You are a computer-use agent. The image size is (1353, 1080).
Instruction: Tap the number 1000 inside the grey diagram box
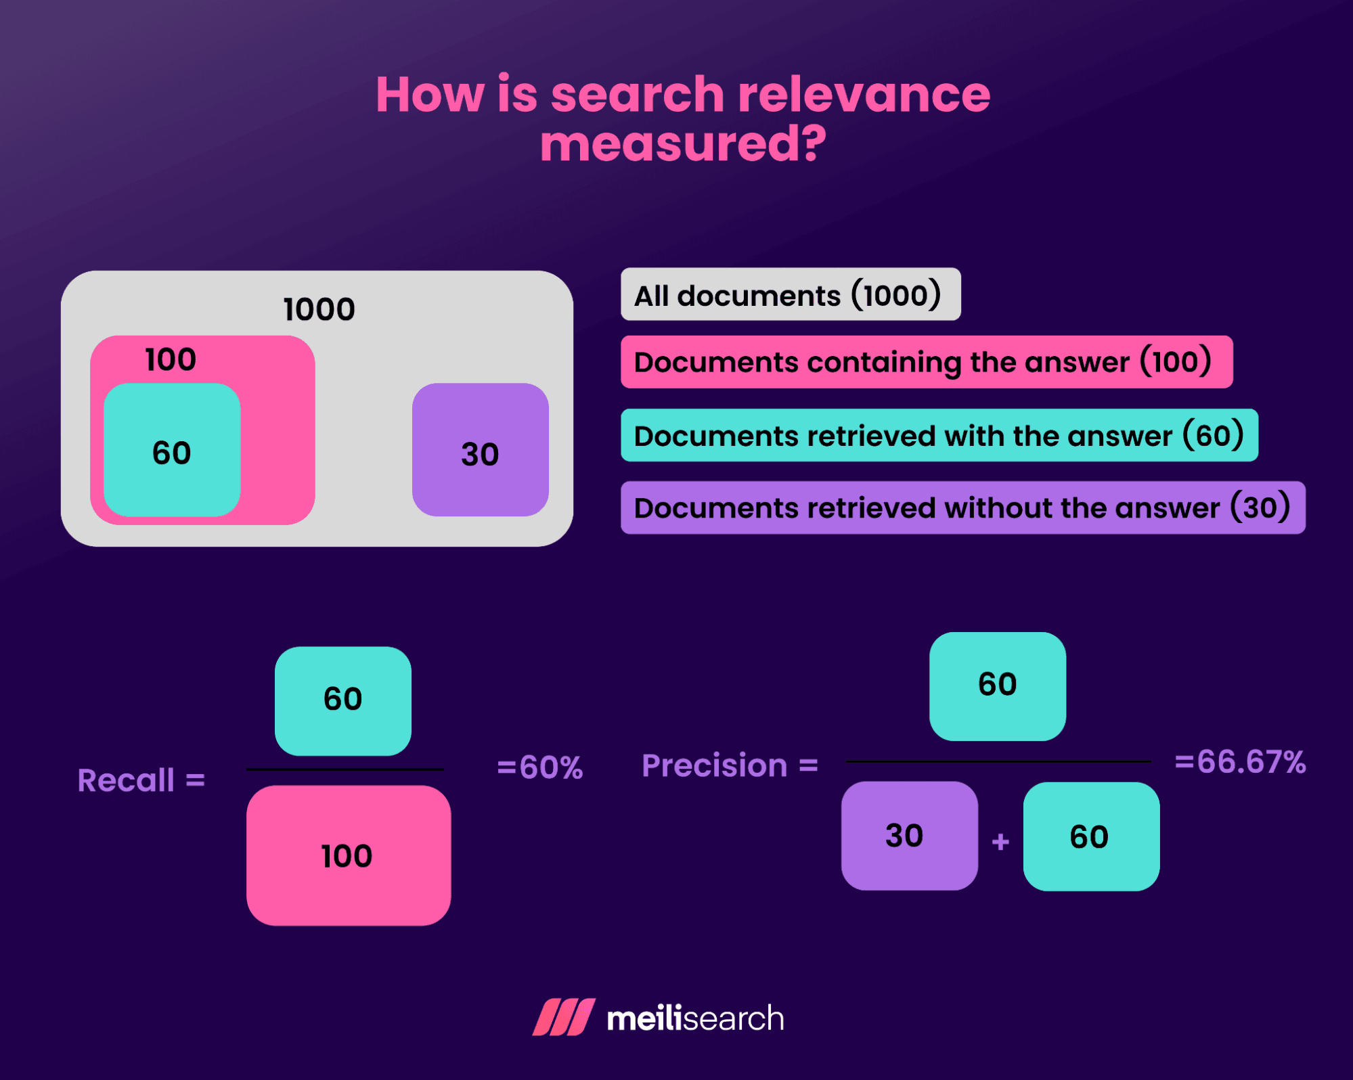coord(319,309)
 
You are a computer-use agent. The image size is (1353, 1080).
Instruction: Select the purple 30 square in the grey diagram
coord(481,451)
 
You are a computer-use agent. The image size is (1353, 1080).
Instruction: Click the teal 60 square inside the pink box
coord(172,451)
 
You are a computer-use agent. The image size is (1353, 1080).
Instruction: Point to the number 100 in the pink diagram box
coord(171,359)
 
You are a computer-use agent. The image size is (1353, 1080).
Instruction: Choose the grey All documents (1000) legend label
coord(790,294)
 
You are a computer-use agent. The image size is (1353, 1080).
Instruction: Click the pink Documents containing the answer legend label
coord(926,362)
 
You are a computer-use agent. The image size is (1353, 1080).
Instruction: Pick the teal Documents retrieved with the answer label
coord(939,435)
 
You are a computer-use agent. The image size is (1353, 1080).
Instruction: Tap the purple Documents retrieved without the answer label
coord(962,508)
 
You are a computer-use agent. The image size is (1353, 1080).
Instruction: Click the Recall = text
coord(141,780)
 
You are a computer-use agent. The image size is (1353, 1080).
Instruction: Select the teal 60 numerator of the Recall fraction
coord(343,700)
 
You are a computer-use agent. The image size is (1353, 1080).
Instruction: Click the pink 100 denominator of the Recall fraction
coord(348,855)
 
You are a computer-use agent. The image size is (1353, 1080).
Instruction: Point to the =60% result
coord(539,767)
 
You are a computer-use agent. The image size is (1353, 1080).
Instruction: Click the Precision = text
coord(730,765)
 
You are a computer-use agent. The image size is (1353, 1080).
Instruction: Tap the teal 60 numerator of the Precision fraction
coord(997,685)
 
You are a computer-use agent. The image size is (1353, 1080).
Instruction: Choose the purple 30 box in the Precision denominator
coord(909,836)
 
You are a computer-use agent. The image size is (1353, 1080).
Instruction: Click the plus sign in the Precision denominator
coord(1000,842)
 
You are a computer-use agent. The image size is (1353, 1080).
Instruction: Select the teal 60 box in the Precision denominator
coord(1091,836)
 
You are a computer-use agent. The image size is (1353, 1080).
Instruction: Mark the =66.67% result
coord(1240,762)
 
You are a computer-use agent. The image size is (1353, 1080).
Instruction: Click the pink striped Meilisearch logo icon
coord(564,1017)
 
